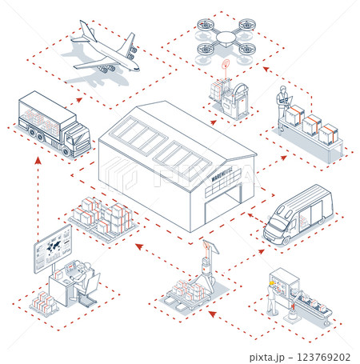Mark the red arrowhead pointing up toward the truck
tap(37, 160)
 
